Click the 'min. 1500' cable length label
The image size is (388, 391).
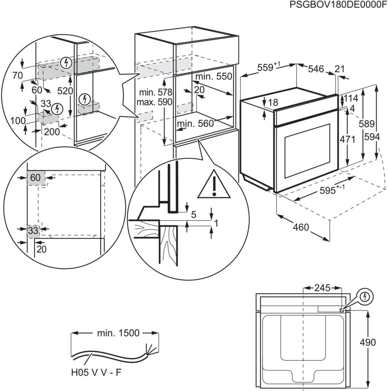[118, 333]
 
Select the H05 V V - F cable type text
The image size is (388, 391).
[96, 372]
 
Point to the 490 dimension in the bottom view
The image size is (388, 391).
[367, 342]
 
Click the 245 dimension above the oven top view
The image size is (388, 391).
[322, 288]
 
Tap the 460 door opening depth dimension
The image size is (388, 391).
[301, 227]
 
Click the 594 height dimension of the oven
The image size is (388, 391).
[372, 137]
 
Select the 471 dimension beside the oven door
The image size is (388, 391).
[347, 139]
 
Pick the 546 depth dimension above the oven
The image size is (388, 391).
[316, 69]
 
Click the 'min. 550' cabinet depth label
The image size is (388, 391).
[214, 76]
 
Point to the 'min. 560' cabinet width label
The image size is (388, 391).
[195, 123]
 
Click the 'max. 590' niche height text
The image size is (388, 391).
[154, 102]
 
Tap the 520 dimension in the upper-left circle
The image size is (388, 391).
[65, 91]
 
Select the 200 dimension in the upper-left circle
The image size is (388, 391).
[52, 132]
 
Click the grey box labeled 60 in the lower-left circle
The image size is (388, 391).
[36, 178]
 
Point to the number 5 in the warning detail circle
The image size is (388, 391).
[194, 214]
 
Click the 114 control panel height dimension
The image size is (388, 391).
[351, 98]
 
